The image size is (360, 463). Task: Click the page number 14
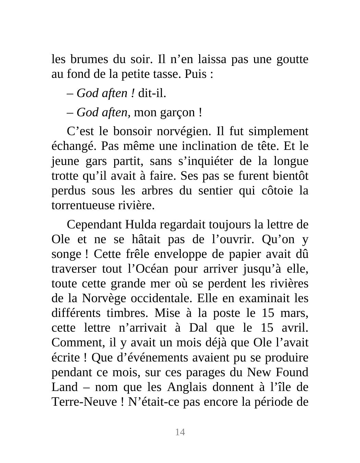[x=180, y=432]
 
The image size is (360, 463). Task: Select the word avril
[x=295, y=328]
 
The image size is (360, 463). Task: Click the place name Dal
[x=199, y=328]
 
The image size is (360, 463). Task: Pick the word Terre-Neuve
[x=84, y=402]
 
